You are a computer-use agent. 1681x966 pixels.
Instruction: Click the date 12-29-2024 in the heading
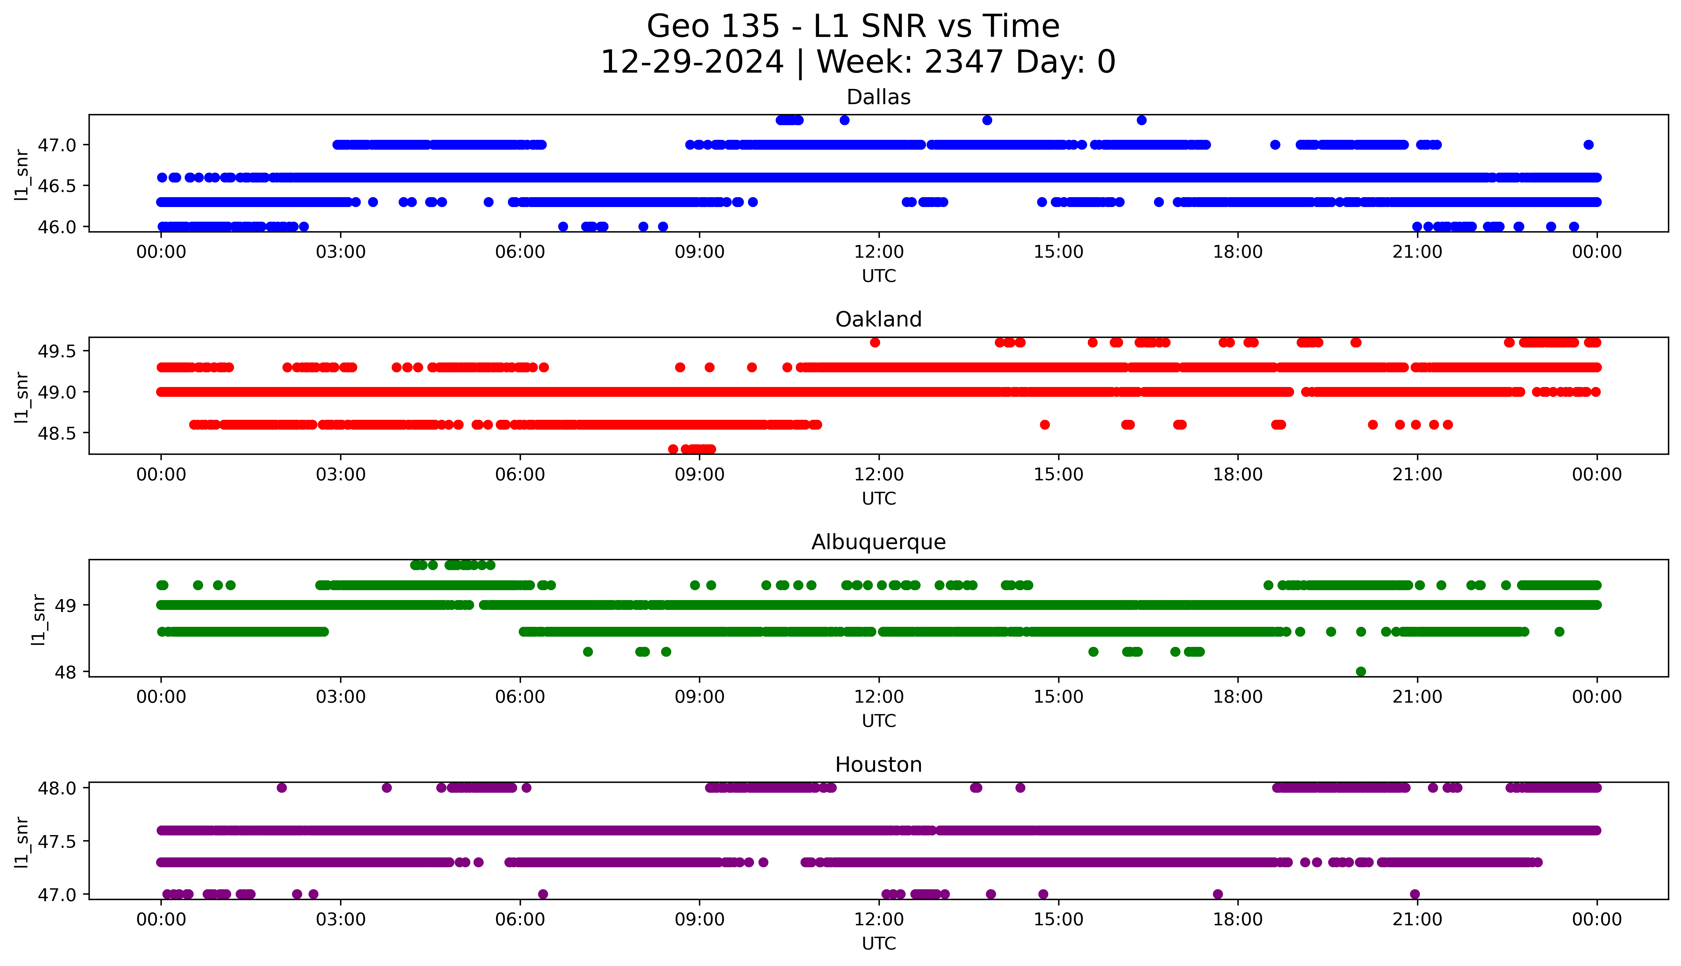tap(692, 62)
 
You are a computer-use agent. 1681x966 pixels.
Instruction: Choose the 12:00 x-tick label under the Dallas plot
tap(879, 252)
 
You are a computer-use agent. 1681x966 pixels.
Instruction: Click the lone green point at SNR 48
tap(1361, 671)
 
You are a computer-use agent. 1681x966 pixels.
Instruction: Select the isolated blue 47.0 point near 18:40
tap(1274, 145)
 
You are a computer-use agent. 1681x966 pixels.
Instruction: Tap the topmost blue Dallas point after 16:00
tap(1141, 120)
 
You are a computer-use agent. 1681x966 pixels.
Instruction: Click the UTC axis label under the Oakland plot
tap(879, 498)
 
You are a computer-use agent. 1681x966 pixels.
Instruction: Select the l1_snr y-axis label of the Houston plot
tap(22, 841)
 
